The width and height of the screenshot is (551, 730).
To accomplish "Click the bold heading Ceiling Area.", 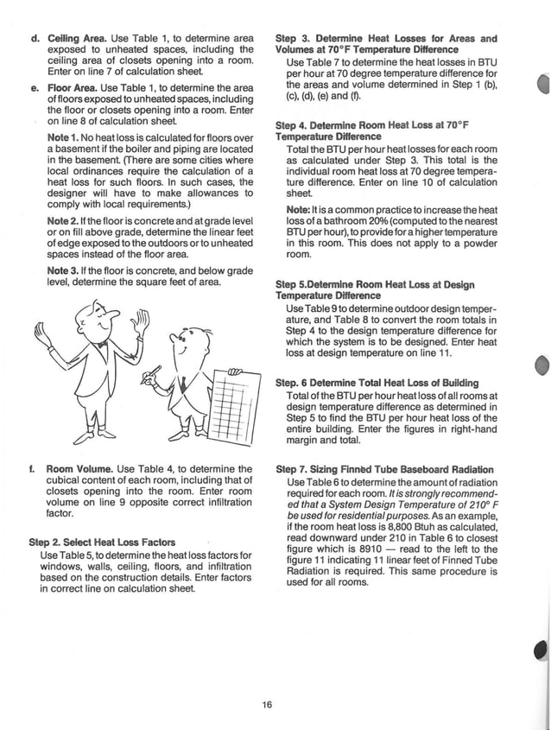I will click(77, 38).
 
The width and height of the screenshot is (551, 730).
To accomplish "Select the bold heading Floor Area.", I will click(73, 88).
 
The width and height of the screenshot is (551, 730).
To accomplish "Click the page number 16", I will click(268, 705).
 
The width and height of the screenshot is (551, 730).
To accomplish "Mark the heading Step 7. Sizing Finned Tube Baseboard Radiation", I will click(384, 469).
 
